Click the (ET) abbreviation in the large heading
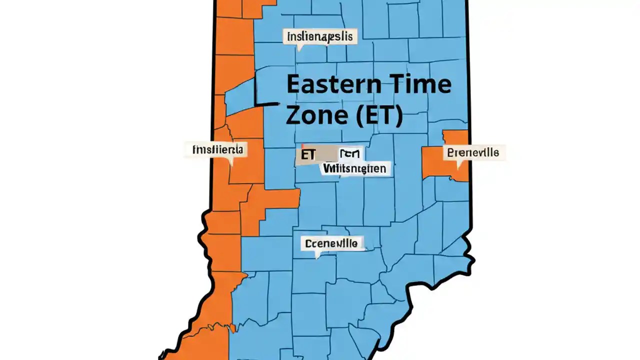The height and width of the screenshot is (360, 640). pyautogui.click(x=377, y=115)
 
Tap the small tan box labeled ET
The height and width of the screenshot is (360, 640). pyautogui.click(x=308, y=155)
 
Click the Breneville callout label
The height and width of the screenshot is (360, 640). pyautogui.click(x=473, y=152)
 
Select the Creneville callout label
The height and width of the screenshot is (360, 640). pyautogui.click(x=331, y=243)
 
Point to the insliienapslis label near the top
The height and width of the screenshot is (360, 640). pyautogui.click(x=319, y=36)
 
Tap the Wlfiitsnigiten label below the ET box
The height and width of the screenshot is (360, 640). pyautogui.click(x=354, y=168)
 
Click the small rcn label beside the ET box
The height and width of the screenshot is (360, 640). pyautogui.click(x=351, y=154)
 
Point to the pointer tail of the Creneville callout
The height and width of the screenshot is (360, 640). pyautogui.click(x=317, y=254)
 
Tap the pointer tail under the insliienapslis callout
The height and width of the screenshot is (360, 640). pyautogui.click(x=299, y=48)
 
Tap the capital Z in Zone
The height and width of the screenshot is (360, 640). pyautogui.click(x=295, y=115)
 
